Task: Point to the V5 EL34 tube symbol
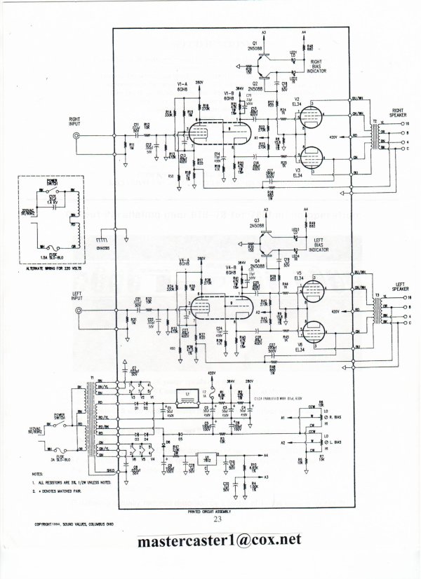tap(309, 293)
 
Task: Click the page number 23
tap(218, 519)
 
